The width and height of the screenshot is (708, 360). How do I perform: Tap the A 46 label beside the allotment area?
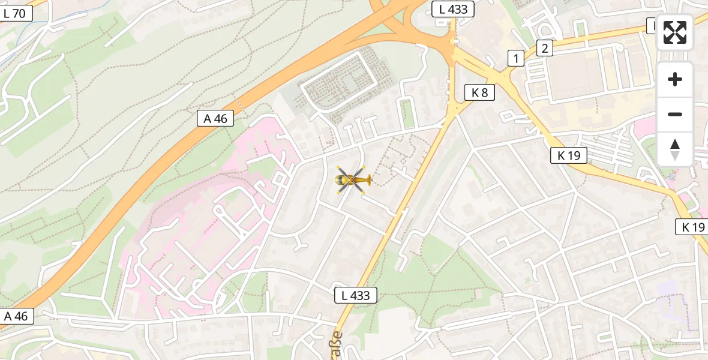tap(215, 118)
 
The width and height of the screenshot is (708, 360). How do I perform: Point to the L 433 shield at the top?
tap(453, 9)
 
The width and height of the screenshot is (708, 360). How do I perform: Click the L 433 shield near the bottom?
tap(356, 295)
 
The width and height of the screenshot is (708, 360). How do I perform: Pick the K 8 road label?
tap(479, 92)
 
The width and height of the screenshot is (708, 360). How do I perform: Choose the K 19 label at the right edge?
tap(693, 227)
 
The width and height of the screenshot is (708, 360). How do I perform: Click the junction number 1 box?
tap(515, 58)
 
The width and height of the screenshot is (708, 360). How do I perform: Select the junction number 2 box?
tap(544, 48)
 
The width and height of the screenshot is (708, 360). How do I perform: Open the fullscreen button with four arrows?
tap(675, 32)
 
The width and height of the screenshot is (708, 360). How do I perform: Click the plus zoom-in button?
tap(675, 79)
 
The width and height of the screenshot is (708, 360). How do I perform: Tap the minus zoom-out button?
tap(675, 114)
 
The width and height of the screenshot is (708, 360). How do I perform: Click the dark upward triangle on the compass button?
tap(675, 144)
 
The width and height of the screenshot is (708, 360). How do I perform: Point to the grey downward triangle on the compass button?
tap(675, 156)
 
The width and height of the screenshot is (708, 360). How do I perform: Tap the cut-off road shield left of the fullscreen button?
tap(651, 26)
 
